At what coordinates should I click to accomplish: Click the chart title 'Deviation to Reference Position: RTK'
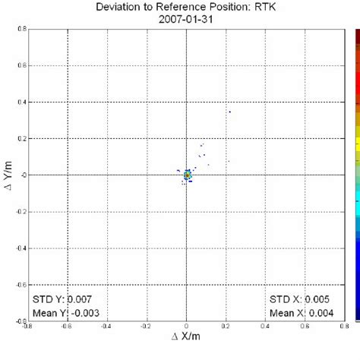click(x=186, y=7)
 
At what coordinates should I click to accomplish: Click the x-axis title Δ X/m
click(x=187, y=354)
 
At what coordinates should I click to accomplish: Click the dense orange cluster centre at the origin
click(x=187, y=175)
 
